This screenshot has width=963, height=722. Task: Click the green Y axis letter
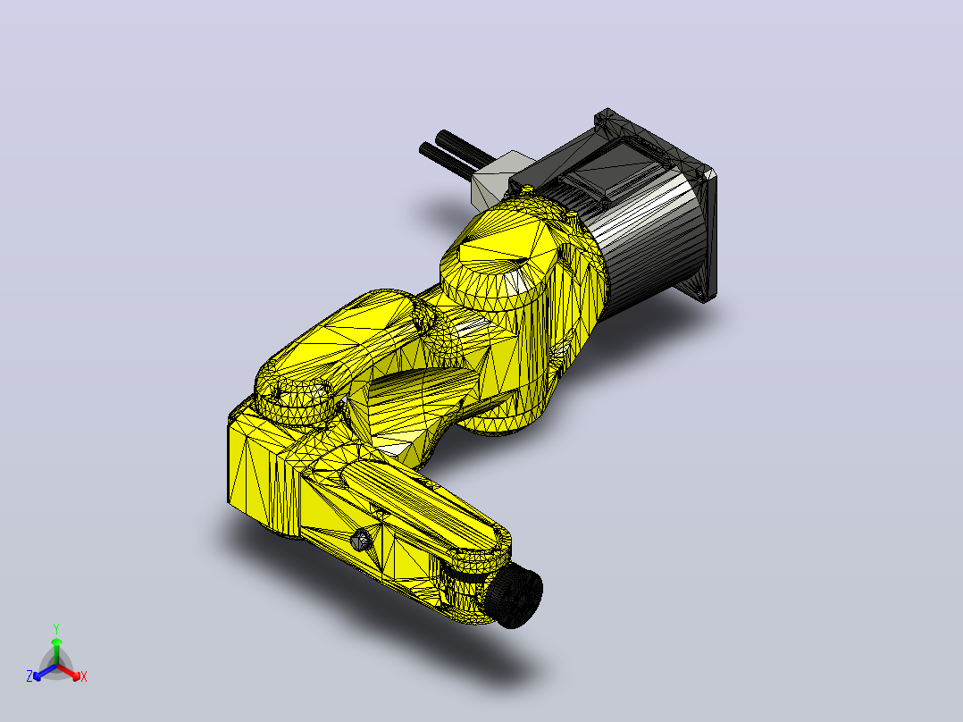click(x=56, y=628)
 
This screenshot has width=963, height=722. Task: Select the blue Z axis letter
click(x=29, y=676)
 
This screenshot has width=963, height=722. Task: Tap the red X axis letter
click(x=84, y=676)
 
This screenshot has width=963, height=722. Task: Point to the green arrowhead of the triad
click(x=56, y=642)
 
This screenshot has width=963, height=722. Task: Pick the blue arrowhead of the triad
click(x=38, y=676)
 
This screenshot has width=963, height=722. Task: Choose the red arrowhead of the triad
click(x=76, y=676)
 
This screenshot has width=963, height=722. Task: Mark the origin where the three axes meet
click(x=56, y=666)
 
